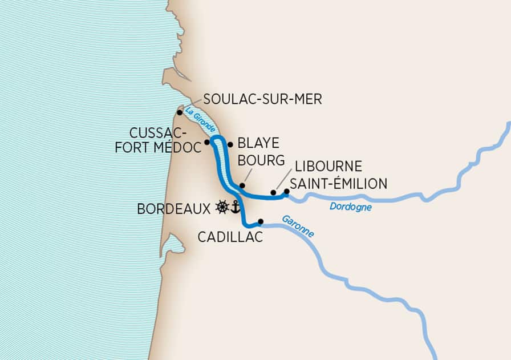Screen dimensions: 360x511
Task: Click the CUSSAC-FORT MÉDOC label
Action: (166, 140)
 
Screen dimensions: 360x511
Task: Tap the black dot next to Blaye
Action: (230, 144)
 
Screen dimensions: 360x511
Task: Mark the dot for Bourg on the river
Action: (242, 185)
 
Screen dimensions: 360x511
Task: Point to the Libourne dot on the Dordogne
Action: (273, 193)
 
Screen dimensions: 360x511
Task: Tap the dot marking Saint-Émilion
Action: (287, 192)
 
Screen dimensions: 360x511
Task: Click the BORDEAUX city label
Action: (174, 209)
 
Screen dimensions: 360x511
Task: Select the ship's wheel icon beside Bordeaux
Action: (222, 207)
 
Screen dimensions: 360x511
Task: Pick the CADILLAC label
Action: (231, 237)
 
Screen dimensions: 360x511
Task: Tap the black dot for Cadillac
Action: (261, 221)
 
